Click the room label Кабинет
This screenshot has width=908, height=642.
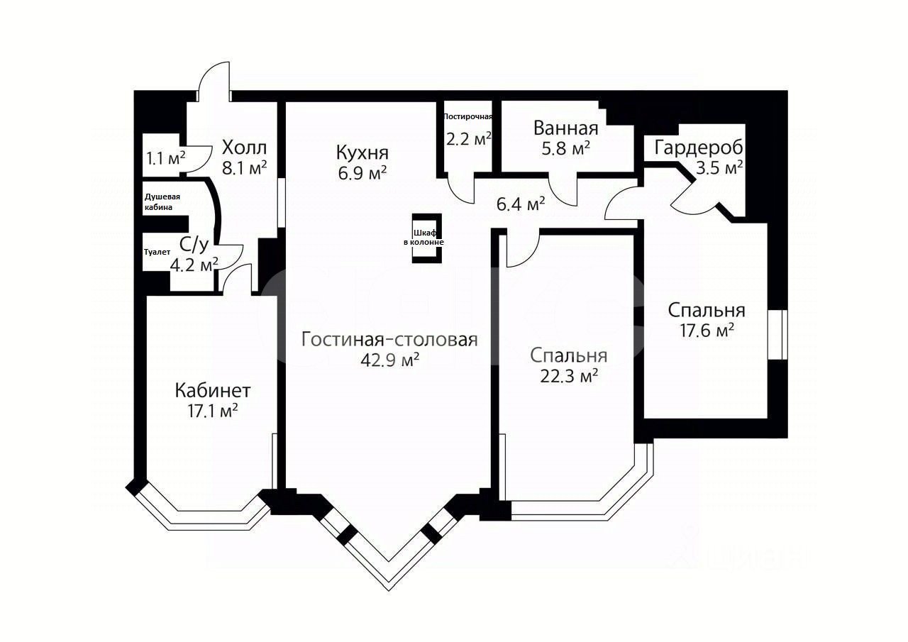point(213,390)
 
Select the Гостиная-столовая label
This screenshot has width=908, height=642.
point(389,339)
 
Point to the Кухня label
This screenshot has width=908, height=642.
point(362,153)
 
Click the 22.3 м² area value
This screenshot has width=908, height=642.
point(568,375)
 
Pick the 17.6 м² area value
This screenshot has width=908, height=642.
point(706,330)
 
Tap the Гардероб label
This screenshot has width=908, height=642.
point(698,148)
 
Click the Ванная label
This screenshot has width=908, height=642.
point(565,128)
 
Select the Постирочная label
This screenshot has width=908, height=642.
point(467,116)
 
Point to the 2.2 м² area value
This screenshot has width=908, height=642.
point(469,138)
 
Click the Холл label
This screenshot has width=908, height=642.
point(244,148)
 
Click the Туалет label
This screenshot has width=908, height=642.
point(157,251)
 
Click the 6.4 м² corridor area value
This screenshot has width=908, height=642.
point(521,204)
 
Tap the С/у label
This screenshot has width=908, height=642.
point(194,245)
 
